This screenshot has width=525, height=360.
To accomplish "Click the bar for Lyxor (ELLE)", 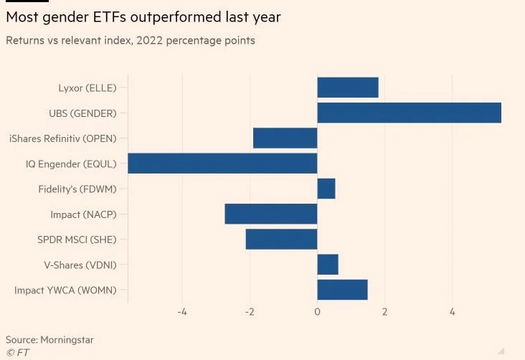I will coord(347,87).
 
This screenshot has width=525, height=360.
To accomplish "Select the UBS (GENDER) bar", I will coord(409,113).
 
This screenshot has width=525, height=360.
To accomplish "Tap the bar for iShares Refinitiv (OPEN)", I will coord(285,138).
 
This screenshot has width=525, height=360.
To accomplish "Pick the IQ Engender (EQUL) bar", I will coord(222,164).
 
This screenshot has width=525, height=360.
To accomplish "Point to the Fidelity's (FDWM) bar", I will coord(326,189).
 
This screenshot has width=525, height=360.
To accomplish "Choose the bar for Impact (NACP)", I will coord(270,214).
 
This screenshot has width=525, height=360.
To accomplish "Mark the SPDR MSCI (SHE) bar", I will coord(281,239).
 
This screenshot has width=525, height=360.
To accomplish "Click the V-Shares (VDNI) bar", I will coord(327,265).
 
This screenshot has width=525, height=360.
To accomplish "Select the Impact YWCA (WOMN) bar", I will coord(342,290).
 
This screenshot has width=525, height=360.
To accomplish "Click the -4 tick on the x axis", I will coord(182,312).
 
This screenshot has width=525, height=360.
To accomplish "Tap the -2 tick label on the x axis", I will coord(250,312).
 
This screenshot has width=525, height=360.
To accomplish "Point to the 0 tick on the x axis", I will coord(317,312).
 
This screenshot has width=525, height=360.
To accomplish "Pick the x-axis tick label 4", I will coord(452,312).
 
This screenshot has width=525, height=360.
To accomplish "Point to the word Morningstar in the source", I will coord(67,339).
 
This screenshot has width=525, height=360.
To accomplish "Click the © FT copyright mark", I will coord(18,352).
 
